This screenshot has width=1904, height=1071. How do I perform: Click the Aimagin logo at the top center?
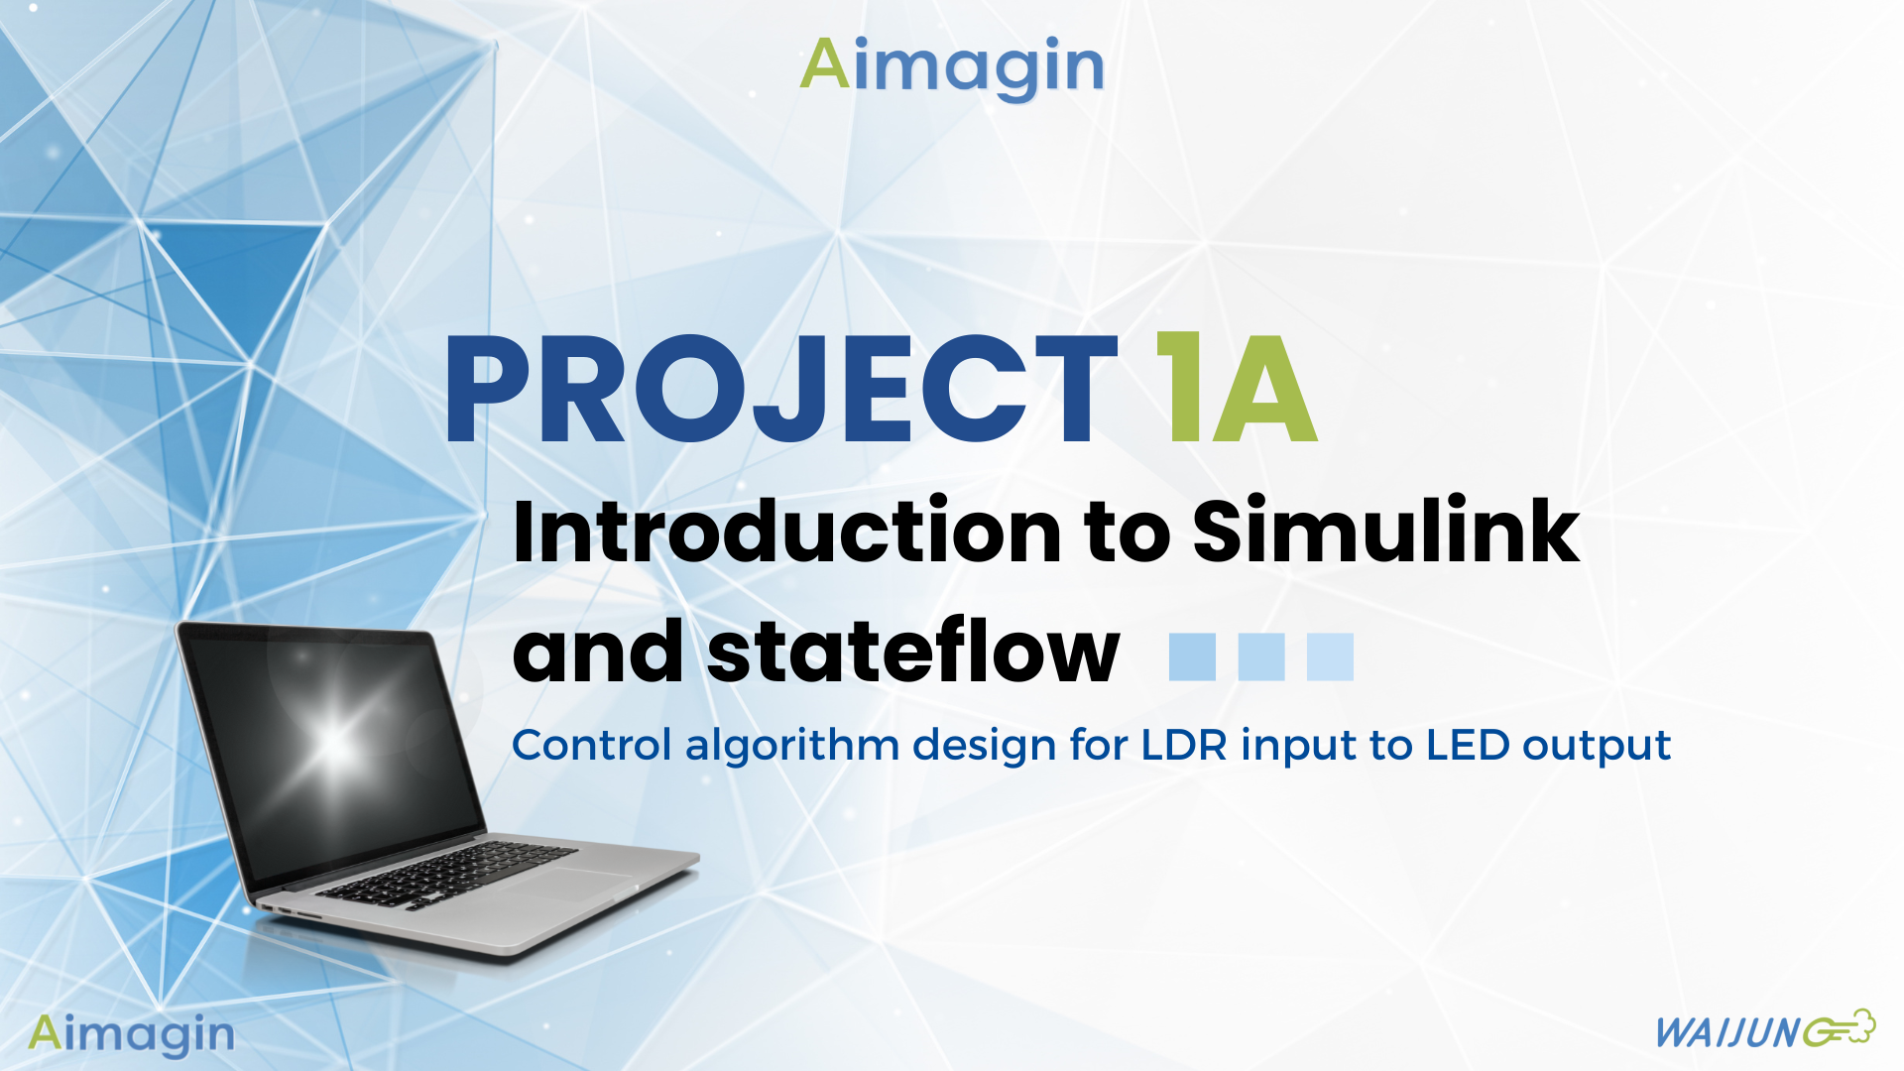coord(952,66)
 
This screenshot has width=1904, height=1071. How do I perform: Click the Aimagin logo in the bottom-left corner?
coord(131,1034)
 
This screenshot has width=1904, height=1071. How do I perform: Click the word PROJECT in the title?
coord(781,389)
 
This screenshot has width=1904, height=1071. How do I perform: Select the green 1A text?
coord(1238,389)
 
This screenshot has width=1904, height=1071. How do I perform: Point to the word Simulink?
coord(1385,533)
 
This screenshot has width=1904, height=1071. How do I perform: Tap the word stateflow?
coord(913,653)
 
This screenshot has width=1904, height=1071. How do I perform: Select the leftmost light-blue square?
coord(1192,656)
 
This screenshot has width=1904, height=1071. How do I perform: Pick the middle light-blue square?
coord(1261,656)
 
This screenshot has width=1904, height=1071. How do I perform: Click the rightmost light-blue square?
coord(1330,656)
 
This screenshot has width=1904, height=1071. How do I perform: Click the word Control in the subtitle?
coord(591,745)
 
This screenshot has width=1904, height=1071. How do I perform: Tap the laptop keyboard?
coord(446,873)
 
